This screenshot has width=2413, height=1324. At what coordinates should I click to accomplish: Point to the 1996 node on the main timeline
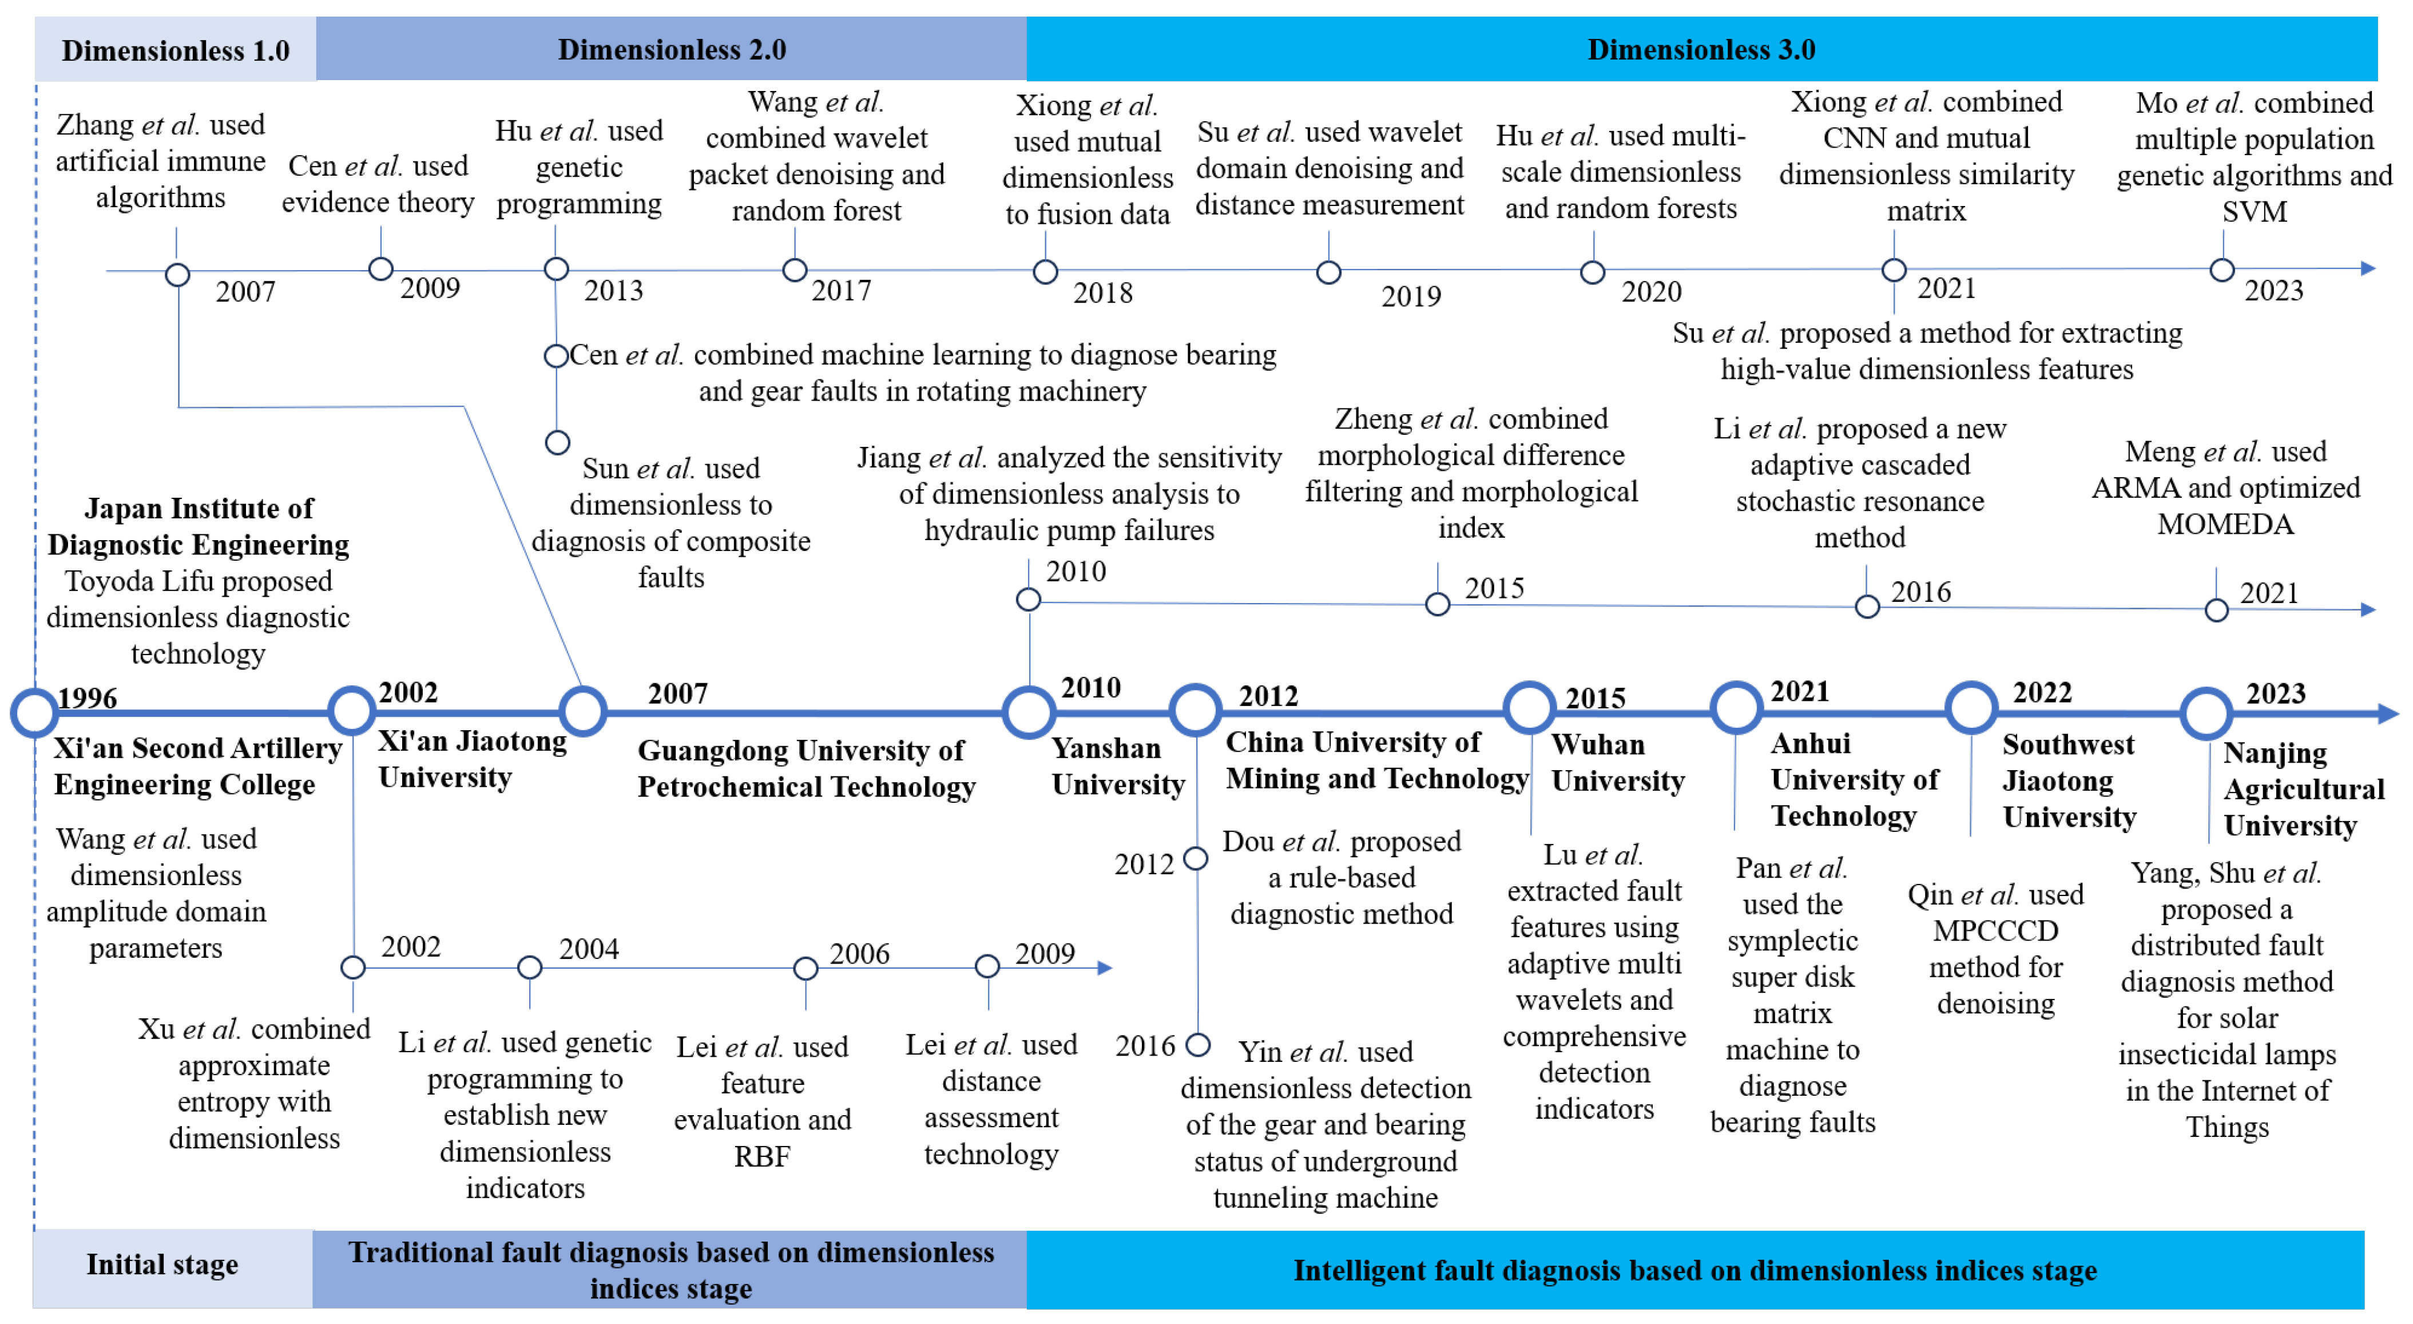click(x=35, y=712)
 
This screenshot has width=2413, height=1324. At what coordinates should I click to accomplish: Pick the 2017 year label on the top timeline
click(x=840, y=291)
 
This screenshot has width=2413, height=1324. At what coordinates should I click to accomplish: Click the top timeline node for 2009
click(x=380, y=269)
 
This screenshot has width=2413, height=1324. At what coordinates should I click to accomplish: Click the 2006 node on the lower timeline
click(x=805, y=968)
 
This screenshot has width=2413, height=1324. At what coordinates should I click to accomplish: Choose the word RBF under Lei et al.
click(x=761, y=1156)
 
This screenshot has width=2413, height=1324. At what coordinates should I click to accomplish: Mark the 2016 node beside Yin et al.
click(x=1197, y=1044)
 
